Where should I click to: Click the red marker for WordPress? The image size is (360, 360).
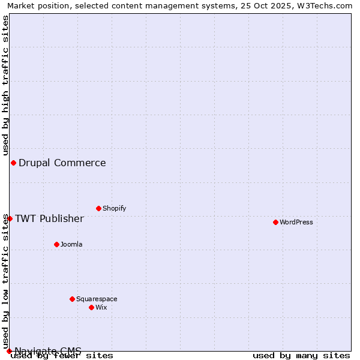275,222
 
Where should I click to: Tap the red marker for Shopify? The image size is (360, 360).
98,208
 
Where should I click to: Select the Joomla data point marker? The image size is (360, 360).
56,244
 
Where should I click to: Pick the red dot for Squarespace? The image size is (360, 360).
72,299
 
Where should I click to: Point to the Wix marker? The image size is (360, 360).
91,307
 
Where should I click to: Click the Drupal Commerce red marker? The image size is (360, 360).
13,163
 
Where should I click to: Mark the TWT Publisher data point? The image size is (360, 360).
10,218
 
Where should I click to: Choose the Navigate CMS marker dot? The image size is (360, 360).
9,351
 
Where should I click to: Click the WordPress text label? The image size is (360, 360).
296,222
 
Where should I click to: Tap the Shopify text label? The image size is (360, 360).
115,208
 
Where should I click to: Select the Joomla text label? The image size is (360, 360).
71,244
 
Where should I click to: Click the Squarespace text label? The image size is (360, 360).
97,299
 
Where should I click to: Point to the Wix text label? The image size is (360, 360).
101,307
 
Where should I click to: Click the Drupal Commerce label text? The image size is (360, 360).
62,163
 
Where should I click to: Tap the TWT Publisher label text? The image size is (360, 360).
49,218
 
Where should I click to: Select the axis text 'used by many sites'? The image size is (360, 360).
301,355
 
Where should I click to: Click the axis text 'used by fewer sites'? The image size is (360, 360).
62,355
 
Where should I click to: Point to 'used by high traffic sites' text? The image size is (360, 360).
5,86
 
